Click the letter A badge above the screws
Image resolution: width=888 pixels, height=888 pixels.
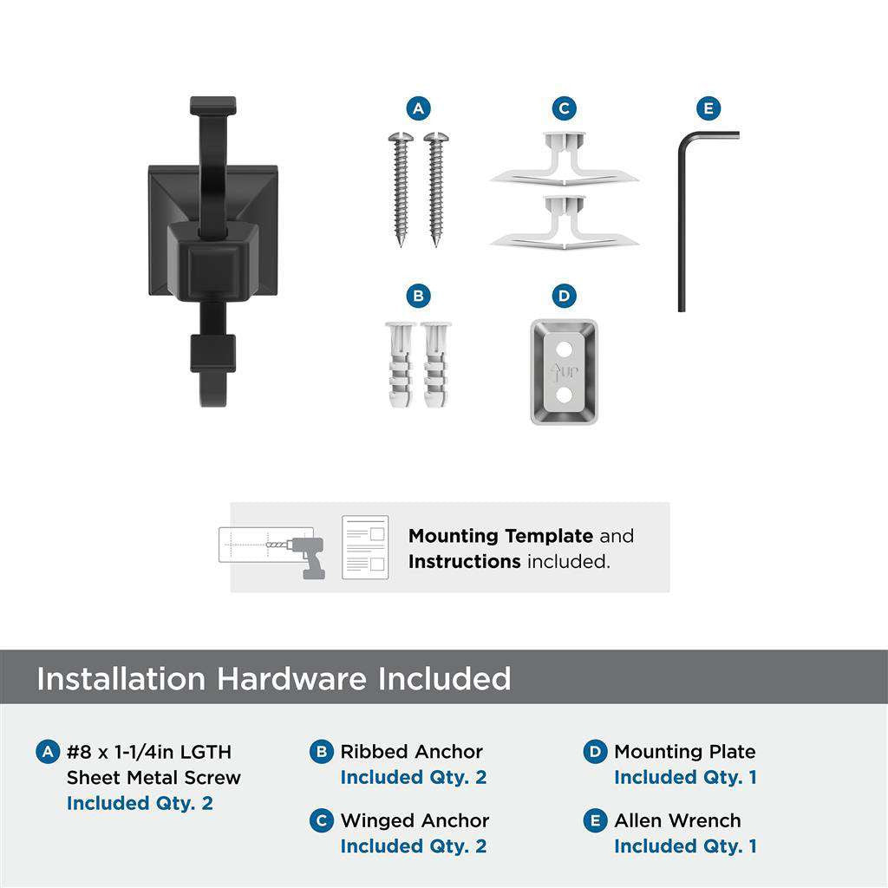[x=418, y=108]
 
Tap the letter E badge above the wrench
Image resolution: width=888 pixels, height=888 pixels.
[x=708, y=108]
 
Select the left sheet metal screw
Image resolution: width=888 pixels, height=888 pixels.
[x=402, y=186]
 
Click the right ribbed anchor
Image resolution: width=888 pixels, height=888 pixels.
[x=436, y=365]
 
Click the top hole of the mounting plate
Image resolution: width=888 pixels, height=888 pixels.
[x=565, y=349]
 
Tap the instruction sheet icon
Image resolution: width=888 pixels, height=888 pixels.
[x=364, y=547]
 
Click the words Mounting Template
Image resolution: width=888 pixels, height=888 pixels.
[x=500, y=536]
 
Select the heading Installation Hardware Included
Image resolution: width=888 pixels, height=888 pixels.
[x=273, y=678]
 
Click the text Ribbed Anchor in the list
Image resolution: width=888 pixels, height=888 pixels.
[x=411, y=752]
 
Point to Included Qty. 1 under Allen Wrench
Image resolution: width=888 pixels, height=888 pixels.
[x=685, y=846]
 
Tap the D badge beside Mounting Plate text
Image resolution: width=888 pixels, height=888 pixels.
[x=595, y=752]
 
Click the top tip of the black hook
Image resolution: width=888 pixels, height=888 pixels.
[x=212, y=104]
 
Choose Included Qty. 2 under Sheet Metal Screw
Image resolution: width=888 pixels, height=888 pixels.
[x=139, y=803]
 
